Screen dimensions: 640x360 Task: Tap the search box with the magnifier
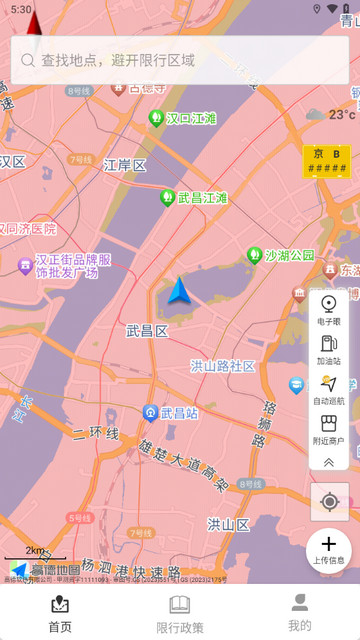180,60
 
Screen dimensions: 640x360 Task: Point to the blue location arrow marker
179,291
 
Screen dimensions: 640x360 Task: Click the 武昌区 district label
147,330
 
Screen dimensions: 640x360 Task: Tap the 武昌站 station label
171,412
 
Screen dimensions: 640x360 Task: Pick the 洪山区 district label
228,523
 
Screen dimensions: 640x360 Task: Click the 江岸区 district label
125,165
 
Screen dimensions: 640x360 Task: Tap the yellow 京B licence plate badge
326,161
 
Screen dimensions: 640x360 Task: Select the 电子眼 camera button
329,310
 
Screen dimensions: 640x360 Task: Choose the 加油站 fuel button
329,350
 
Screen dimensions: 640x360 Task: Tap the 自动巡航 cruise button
329,390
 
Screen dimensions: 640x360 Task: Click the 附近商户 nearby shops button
329,429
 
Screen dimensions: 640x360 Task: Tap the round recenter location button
329,501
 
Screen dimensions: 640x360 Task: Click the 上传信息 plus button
329,549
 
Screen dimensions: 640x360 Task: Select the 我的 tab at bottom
299,612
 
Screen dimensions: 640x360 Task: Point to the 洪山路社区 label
223,366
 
